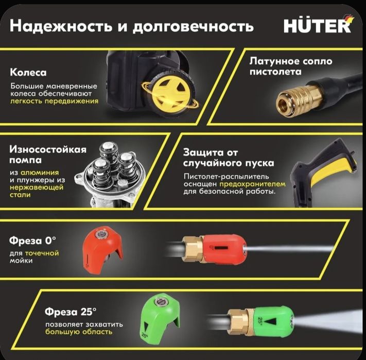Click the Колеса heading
[28, 73]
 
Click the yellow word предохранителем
[249, 183]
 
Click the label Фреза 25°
[70, 312]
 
